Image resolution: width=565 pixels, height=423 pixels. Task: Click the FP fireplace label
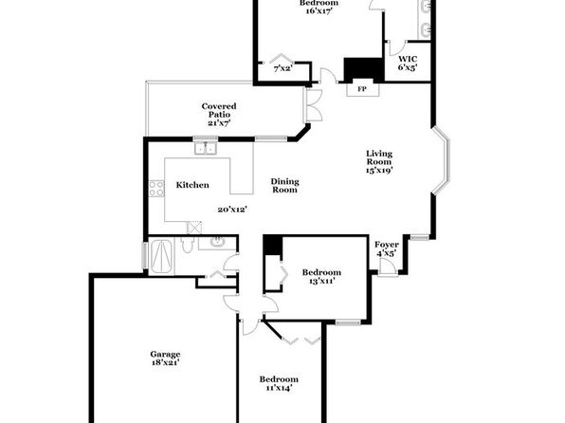pos(362,89)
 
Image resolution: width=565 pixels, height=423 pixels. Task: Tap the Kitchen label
pos(192,185)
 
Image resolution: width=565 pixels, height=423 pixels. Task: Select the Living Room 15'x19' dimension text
pos(378,170)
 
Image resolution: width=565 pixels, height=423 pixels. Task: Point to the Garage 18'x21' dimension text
pos(165,362)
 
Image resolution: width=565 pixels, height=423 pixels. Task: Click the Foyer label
pos(386,245)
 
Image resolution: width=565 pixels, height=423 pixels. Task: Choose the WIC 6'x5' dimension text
pos(408,67)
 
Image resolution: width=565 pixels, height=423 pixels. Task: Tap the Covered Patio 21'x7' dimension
pos(219,122)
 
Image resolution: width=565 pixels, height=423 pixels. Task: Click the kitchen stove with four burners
pos(156,189)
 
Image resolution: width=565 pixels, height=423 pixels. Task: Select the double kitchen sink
pos(206,148)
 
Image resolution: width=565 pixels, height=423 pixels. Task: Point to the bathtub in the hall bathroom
pos(161,257)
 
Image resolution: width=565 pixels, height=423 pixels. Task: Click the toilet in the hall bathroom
pos(187,244)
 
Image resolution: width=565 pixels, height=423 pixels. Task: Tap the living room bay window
pos(441,160)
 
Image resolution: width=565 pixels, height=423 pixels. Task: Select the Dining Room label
pos(284,185)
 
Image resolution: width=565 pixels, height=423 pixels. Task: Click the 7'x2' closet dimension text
pos(282,68)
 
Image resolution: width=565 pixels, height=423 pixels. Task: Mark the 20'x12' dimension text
pos(232,210)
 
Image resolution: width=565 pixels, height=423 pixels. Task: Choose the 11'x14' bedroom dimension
pos(279,388)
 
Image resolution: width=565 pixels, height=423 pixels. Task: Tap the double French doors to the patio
pos(313,105)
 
